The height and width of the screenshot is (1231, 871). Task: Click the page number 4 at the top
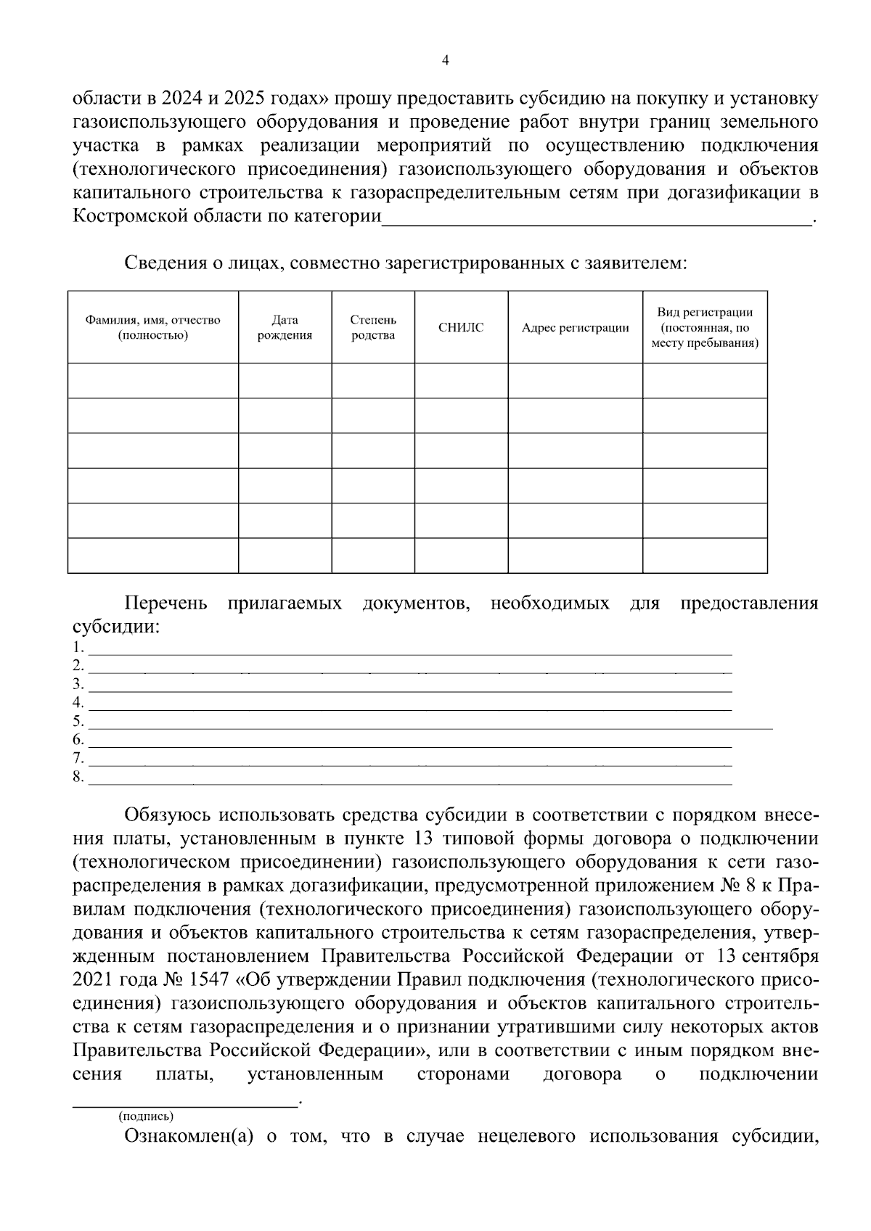[446, 62]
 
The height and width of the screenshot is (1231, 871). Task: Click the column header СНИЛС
[461, 328]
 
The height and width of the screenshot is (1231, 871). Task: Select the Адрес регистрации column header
[575, 328]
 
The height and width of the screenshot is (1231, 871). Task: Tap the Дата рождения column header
[285, 328]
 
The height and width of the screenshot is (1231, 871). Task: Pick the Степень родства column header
[373, 328]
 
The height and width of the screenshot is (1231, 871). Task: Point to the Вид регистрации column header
[704, 327]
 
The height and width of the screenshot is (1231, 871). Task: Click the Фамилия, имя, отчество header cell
[152, 328]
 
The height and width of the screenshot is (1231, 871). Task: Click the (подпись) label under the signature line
[146, 1116]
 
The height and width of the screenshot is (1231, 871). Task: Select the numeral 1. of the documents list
[78, 647]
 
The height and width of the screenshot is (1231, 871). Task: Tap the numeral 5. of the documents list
[78, 722]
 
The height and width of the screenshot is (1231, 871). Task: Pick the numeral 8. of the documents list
[78, 778]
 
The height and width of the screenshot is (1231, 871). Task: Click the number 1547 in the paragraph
[208, 980]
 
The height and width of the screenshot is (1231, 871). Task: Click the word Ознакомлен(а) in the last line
[189, 1137]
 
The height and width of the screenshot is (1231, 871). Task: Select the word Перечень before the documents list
[165, 604]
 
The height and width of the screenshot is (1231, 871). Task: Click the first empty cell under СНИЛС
[461, 380]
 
